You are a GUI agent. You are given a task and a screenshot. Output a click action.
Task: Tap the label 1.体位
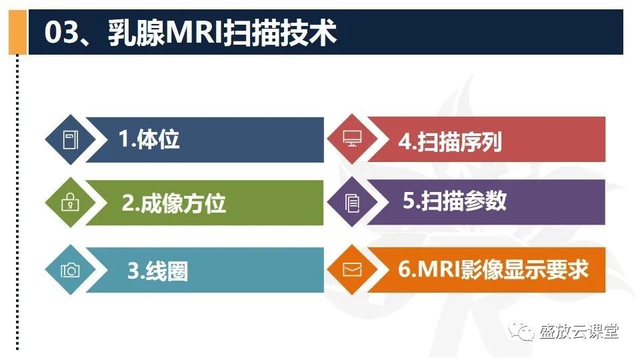(149, 139)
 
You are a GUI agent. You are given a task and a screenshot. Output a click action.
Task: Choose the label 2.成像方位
(173, 203)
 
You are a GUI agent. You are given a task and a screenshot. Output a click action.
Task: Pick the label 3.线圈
(157, 271)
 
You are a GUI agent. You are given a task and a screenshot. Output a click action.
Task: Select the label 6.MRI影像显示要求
(493, 269)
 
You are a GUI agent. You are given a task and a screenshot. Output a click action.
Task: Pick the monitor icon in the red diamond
(351, 139)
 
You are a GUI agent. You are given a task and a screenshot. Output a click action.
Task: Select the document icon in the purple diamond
(351, 203)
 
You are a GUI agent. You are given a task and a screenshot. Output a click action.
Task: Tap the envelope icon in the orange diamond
(351, 269)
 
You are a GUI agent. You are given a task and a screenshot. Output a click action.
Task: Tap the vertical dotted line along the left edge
(17, 200)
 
